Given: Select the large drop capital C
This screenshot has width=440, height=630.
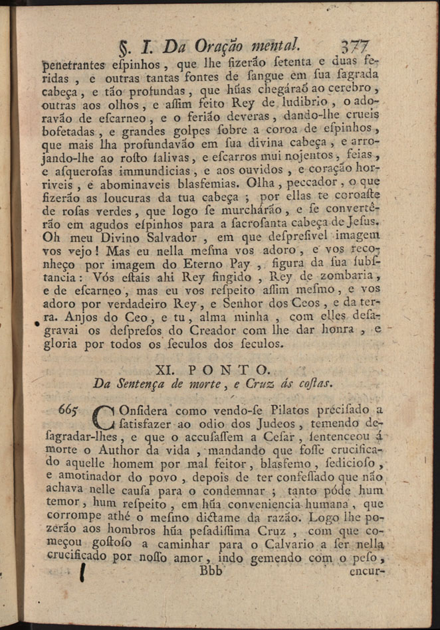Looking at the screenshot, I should click(106, 418).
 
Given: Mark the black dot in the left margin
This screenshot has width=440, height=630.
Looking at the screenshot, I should click(37, 324).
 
